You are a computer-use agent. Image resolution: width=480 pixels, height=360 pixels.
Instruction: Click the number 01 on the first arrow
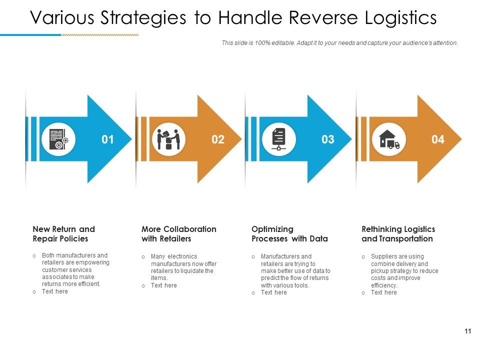click(x=107, y=139)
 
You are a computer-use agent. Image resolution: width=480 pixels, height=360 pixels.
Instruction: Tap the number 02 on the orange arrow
click(x=218, y=139)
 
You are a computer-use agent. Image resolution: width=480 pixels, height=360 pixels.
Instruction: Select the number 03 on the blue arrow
click(x=327, y=139)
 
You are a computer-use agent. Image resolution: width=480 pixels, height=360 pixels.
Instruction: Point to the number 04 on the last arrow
click(x=437, y=139)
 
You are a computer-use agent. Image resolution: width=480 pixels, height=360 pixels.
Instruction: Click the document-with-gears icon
click(x=59, y=139)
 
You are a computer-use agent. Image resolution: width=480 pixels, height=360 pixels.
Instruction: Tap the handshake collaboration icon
click(x=168, y=139)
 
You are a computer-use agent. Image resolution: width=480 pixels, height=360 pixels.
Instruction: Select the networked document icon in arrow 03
click(x=278, y=139)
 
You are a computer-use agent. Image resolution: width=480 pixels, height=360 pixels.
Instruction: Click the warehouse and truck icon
click(x=389, y=139)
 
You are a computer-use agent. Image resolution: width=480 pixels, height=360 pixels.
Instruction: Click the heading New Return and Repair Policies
click(x=63, y=234)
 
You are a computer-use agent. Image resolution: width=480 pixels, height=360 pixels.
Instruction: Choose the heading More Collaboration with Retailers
click(x=178, y=234)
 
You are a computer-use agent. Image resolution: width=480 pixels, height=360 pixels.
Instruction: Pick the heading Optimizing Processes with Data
click(x=289, y=234)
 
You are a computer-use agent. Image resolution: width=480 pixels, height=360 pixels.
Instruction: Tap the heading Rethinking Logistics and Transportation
click(x=398, y=234)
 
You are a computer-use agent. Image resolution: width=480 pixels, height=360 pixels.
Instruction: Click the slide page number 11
click(x=468, y=331)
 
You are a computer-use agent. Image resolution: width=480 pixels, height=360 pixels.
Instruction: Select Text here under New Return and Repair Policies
click(x=55, y=291)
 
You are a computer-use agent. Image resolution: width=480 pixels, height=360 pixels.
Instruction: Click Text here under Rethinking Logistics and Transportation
click(x=384, y=292)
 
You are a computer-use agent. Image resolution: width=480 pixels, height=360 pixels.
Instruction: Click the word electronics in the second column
click(x=182, y=256)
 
